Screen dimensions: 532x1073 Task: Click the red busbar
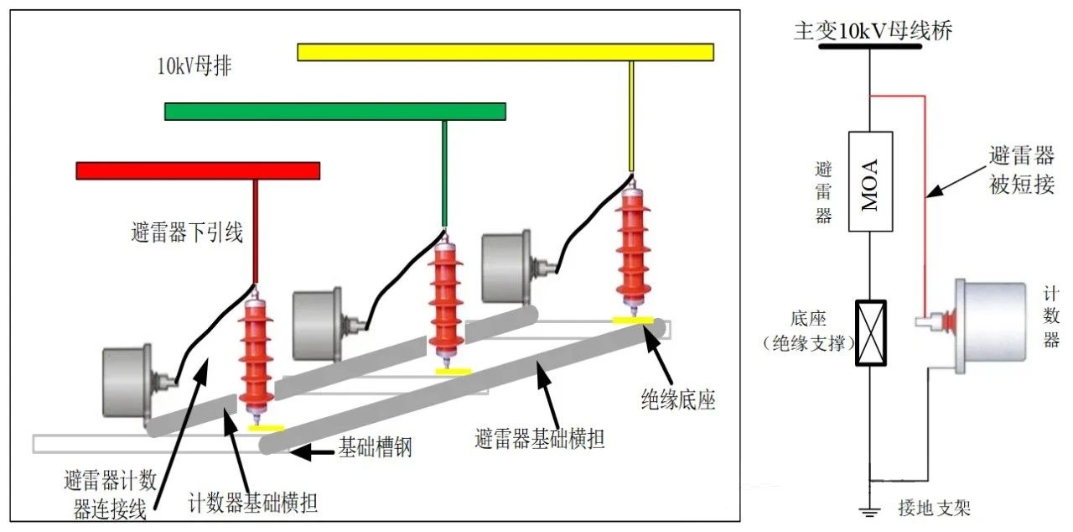tap(198, 170)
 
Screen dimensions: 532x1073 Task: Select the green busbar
tap(334, 111)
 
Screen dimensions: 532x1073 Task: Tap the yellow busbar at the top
tap(505, 52)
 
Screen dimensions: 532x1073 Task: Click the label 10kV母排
tap(194, 67)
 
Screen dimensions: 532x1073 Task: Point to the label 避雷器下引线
tap(187, 232)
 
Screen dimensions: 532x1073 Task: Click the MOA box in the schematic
tap(870, 181)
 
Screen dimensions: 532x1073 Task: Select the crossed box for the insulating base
tap(870, 332)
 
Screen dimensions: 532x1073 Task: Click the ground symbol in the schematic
tap(870, 509)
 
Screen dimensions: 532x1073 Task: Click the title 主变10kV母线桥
tap(873, 32)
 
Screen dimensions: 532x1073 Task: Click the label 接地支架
tap(934, 509)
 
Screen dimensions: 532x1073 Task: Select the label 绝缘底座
tap(676, 401)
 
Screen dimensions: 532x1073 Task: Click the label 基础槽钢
tap(375, 448)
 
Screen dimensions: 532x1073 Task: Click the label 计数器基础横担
tap(253, 503)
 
